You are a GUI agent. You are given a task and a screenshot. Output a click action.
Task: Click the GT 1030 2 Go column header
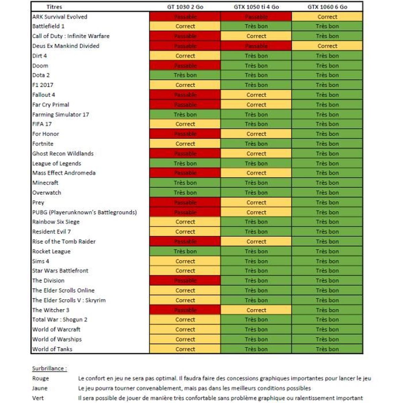[185, 7]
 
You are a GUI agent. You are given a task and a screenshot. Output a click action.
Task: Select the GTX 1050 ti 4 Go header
[256, 7]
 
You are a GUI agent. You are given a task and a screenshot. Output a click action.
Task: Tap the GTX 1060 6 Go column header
[327, 7]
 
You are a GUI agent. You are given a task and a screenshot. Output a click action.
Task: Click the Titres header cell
[54, 7]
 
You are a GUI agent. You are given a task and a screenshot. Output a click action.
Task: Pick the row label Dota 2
[41, 75]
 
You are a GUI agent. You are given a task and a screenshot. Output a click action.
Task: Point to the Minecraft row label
[45, 183]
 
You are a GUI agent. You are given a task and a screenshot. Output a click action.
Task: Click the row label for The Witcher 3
[51, 310]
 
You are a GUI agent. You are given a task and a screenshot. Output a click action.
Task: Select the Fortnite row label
[43, 144]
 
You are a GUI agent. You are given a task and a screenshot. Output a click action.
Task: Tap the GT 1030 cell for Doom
[185, 66]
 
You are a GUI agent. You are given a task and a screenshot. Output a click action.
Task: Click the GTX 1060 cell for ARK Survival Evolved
[327, 17]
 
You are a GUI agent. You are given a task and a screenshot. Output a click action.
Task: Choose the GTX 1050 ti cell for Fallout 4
[256, 95]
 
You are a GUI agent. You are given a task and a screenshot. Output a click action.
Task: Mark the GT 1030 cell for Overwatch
[185, 193]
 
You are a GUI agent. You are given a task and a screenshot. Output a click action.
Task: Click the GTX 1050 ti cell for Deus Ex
[256, 46]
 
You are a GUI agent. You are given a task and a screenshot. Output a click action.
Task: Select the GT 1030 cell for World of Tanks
[185, 349]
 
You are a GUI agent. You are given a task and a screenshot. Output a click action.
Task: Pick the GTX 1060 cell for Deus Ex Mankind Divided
[327, 46]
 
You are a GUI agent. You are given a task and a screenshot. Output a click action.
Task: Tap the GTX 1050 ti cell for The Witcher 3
[256, 310]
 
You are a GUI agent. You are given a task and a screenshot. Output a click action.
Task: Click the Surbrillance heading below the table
[49, 368]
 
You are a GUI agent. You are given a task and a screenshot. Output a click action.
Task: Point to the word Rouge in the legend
[41, 378]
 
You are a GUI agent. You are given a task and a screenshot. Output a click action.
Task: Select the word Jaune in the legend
[40, 388]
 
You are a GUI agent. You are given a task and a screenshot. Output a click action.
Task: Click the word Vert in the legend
[38, 398]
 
